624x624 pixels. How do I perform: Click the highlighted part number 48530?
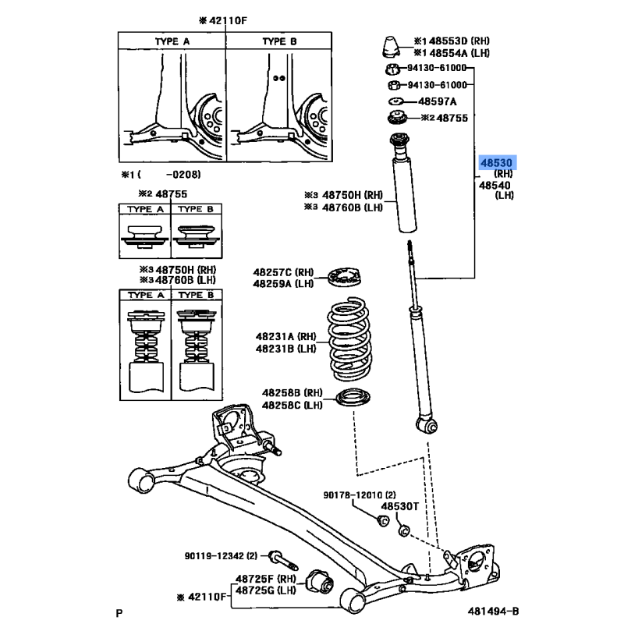click(495, 163)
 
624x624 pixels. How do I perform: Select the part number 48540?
click(494, 186)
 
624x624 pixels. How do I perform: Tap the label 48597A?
click(437, 101)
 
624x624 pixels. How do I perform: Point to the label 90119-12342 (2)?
click(221, 556)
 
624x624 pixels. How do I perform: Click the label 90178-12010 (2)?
click(360, 495)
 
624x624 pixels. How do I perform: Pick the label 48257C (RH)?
click(282, 272)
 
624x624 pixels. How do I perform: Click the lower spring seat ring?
click(353, 400)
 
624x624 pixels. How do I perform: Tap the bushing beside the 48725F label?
click(320, 581)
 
